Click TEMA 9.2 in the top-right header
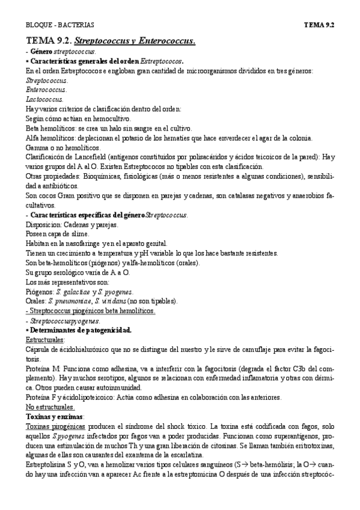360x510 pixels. pos(319,25)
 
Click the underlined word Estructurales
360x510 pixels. pos(46,340)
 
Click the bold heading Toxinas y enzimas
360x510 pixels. pos(55,417)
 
